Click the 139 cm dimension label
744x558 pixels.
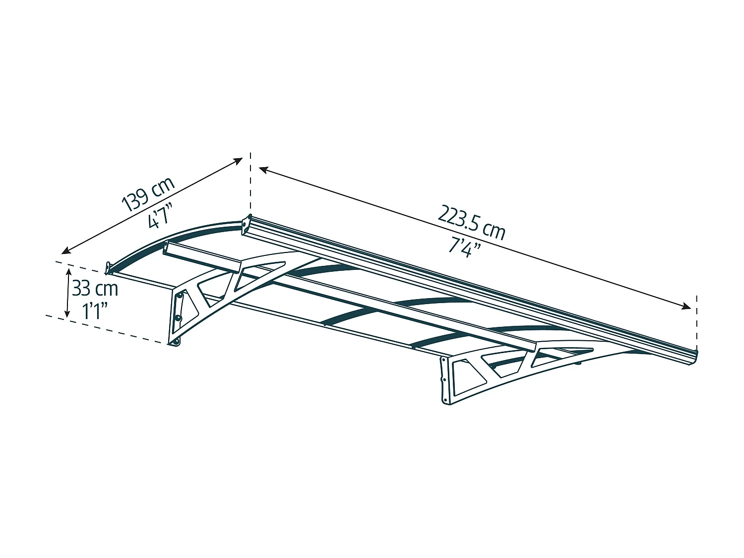(148, 194)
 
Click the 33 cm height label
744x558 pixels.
(95, 289)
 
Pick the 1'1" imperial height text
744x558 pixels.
(95, 311)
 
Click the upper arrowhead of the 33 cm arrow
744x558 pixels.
(68, 272)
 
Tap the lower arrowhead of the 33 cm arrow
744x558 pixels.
(67, 314)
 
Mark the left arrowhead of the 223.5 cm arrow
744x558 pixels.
(263, 169)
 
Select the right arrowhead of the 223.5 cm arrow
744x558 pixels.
(686, 307)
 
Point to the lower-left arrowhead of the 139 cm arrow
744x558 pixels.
(65, 251)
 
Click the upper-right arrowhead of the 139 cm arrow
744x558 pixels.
(239, 161)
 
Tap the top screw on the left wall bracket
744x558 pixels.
(180, 296)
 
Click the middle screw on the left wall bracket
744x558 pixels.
(177, 318)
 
